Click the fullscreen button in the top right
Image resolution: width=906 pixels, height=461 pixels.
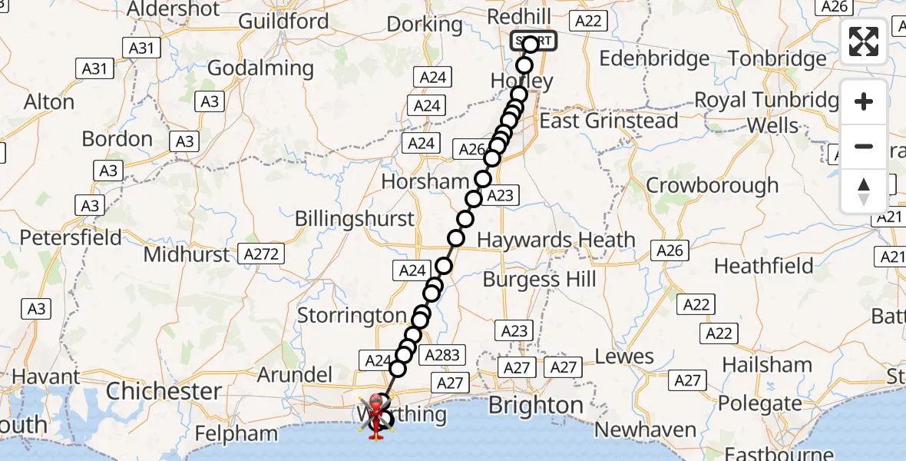[864, 41]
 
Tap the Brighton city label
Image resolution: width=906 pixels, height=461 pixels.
[536, 405]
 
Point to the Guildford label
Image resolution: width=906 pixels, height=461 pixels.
[283, 21]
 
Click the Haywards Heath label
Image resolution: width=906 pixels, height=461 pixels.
[556, 240]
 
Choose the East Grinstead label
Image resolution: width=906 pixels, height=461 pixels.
[609, 121]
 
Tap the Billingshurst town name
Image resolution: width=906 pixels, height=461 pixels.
[355, 219]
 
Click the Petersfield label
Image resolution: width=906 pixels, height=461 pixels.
[71, 237]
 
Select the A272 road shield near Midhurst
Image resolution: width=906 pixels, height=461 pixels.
[261, 254]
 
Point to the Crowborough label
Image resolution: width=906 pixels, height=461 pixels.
[712, 185]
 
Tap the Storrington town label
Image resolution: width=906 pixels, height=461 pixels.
[352, 315]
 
